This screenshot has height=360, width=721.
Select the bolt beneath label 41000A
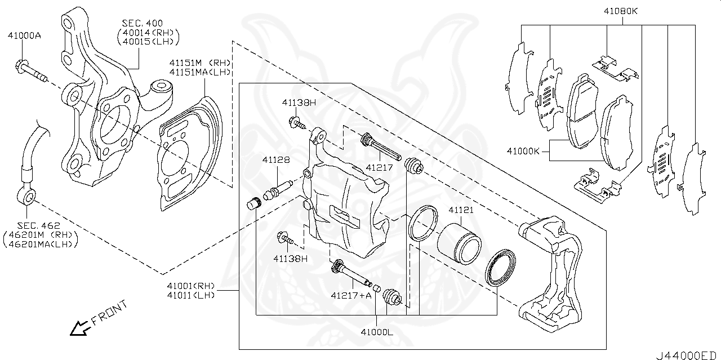31,71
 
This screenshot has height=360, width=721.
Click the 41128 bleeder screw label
276,159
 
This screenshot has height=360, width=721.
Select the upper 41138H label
299,103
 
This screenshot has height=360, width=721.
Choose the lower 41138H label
291,259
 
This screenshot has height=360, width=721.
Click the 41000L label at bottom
377,332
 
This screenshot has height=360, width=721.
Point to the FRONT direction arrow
78,327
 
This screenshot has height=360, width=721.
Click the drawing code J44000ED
686,355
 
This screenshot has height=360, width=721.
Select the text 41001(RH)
192,286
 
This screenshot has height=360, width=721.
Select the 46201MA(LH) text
41,243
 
